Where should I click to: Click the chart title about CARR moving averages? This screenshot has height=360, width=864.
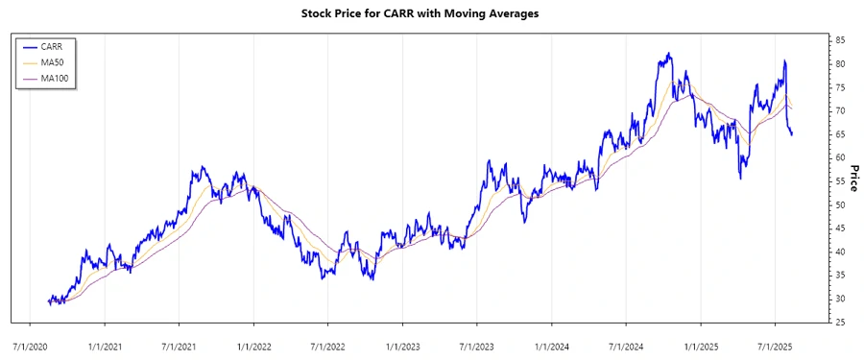tap(432, 13)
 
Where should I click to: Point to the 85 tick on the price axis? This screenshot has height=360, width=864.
tap(839, 40)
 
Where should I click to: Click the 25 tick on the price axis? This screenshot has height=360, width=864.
tap(839, 323)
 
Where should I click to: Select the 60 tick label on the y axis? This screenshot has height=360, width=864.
tap(839, 157)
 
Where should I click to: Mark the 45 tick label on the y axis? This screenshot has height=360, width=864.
tap(839, 228)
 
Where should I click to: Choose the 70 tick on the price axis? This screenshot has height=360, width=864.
tap(839, 110)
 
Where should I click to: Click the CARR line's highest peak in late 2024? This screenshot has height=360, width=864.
tap(669, 54)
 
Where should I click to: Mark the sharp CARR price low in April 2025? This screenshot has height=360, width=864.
tap(740, 179)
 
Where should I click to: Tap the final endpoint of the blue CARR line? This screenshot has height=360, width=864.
tap(792, 134)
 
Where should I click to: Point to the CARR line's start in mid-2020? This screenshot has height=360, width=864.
tap(48, 302)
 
